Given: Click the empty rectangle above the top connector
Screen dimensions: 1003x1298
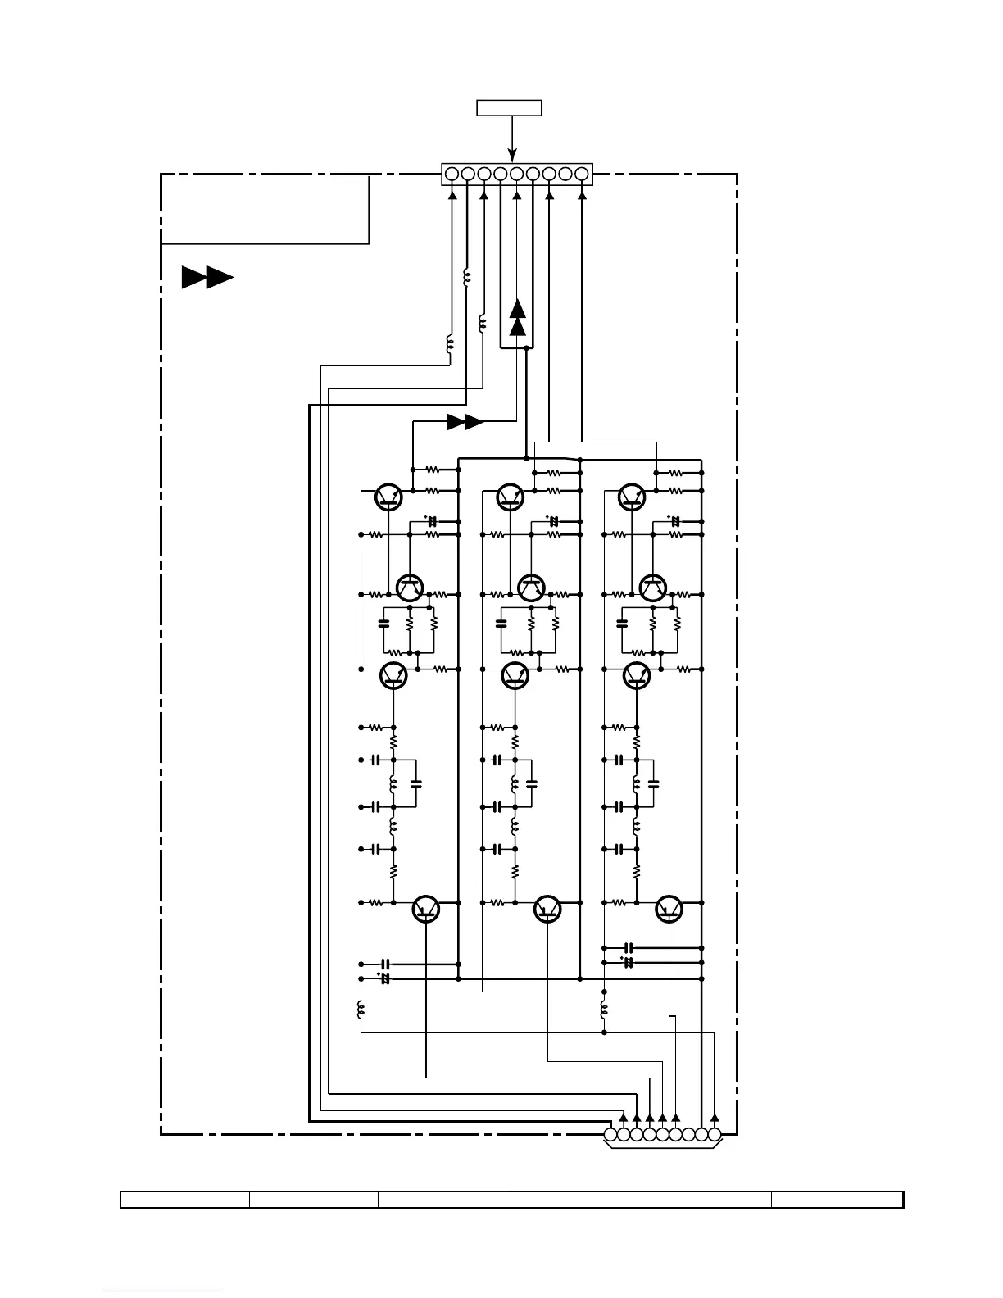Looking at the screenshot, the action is pos(510,107).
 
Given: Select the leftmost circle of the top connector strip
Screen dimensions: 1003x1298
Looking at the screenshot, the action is pos(452,174).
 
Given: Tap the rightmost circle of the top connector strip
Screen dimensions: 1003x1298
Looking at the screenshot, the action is pos(582,174).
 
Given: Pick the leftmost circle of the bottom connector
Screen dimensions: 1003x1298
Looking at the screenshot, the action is pos(610,1135).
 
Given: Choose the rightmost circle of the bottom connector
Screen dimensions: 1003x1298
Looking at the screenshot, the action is pos(715,1135).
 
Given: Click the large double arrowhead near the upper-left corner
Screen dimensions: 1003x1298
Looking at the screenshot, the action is pos(207,278).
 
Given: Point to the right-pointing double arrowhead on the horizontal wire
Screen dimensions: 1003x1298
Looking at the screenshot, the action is pos(465,422).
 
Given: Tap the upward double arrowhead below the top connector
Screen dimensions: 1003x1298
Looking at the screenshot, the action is pos(517,318).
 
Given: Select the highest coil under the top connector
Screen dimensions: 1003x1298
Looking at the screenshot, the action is pos(467,278).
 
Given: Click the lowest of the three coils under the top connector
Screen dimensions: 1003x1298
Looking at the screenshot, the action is pos(449,343).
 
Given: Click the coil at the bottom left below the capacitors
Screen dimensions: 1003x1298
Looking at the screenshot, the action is pos(361,1010).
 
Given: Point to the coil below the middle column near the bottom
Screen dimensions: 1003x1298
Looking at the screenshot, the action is pos(604,1010).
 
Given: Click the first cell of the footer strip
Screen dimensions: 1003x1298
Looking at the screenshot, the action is pos(185,1200).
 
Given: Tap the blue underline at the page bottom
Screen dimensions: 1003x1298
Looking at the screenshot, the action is pos(162,1291).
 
